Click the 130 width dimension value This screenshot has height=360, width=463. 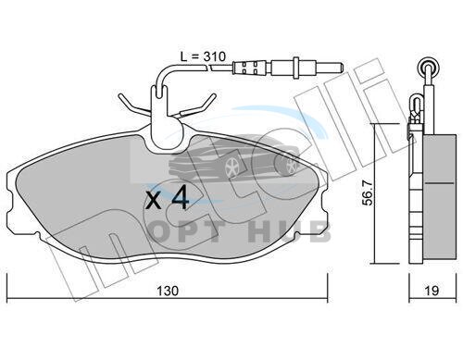[x=168, y=291]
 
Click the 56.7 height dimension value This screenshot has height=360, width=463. [x=368, y=193]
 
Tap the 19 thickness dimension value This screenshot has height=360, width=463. [x=432, y=291]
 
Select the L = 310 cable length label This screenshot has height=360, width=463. [x=203, y=56]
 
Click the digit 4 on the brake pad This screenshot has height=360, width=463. [x=181, y=198]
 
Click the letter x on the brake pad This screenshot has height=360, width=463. [x=154, y=201]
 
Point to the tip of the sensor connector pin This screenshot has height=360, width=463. [x=342, y=67]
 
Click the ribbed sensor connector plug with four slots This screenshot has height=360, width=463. [x=249, y=68]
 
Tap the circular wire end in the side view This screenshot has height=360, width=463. [x=428, y=68]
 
